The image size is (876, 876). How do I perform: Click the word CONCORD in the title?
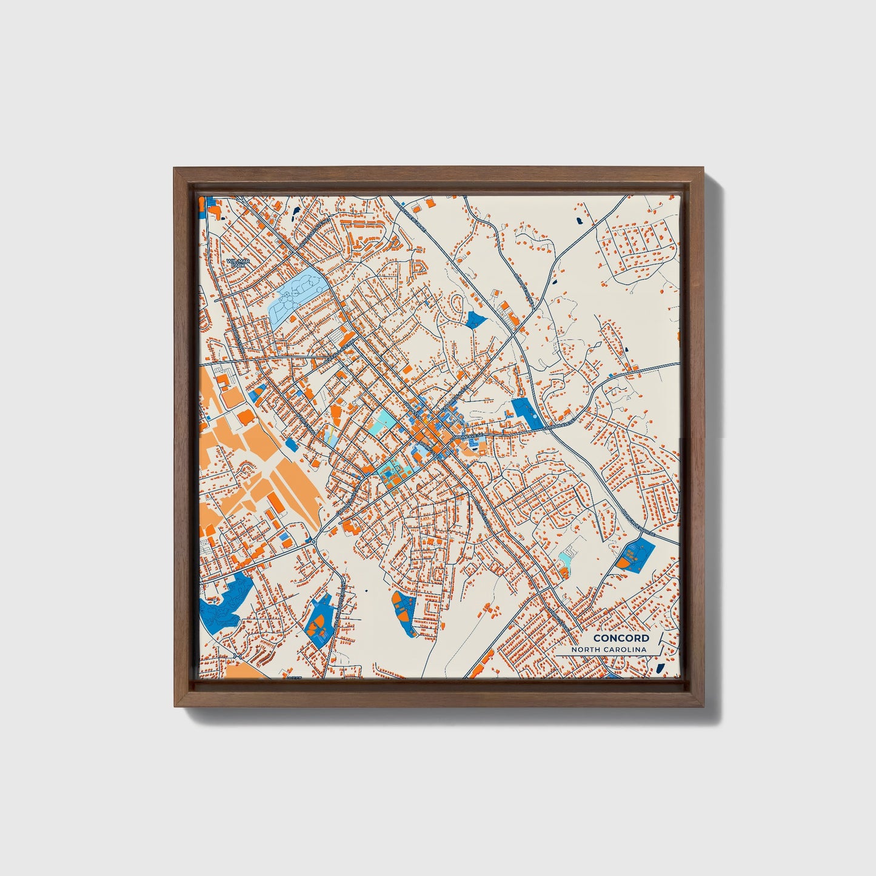(621, 638)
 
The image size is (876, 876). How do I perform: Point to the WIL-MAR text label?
(237, 261)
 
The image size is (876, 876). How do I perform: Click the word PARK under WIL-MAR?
(236, 266)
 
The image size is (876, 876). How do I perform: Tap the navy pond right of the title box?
(661, 668)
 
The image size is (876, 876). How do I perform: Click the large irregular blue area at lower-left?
(224, 601)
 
